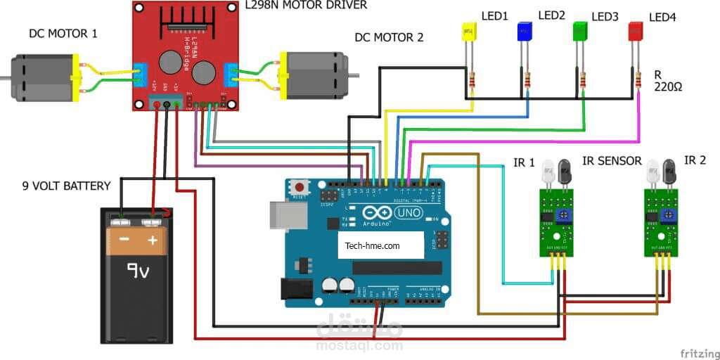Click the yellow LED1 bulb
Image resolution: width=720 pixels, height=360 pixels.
(468, 32)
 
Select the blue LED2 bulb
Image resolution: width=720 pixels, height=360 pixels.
(525, 31)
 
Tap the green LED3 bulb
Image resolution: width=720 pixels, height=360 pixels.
(580, 31)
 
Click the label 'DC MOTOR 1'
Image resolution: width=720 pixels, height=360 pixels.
(63, 34)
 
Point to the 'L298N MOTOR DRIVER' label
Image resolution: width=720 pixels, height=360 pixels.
(305, 6)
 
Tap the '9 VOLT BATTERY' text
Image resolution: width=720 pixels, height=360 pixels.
(66, 186)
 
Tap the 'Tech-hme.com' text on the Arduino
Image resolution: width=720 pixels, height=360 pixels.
(373, 246)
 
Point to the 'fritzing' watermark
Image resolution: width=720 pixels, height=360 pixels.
(699, 352)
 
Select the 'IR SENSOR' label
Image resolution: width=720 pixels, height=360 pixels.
(612, 161)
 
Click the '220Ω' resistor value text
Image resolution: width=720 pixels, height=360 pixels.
(668, 87)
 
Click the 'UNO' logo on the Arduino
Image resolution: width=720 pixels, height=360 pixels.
(409, 212)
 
